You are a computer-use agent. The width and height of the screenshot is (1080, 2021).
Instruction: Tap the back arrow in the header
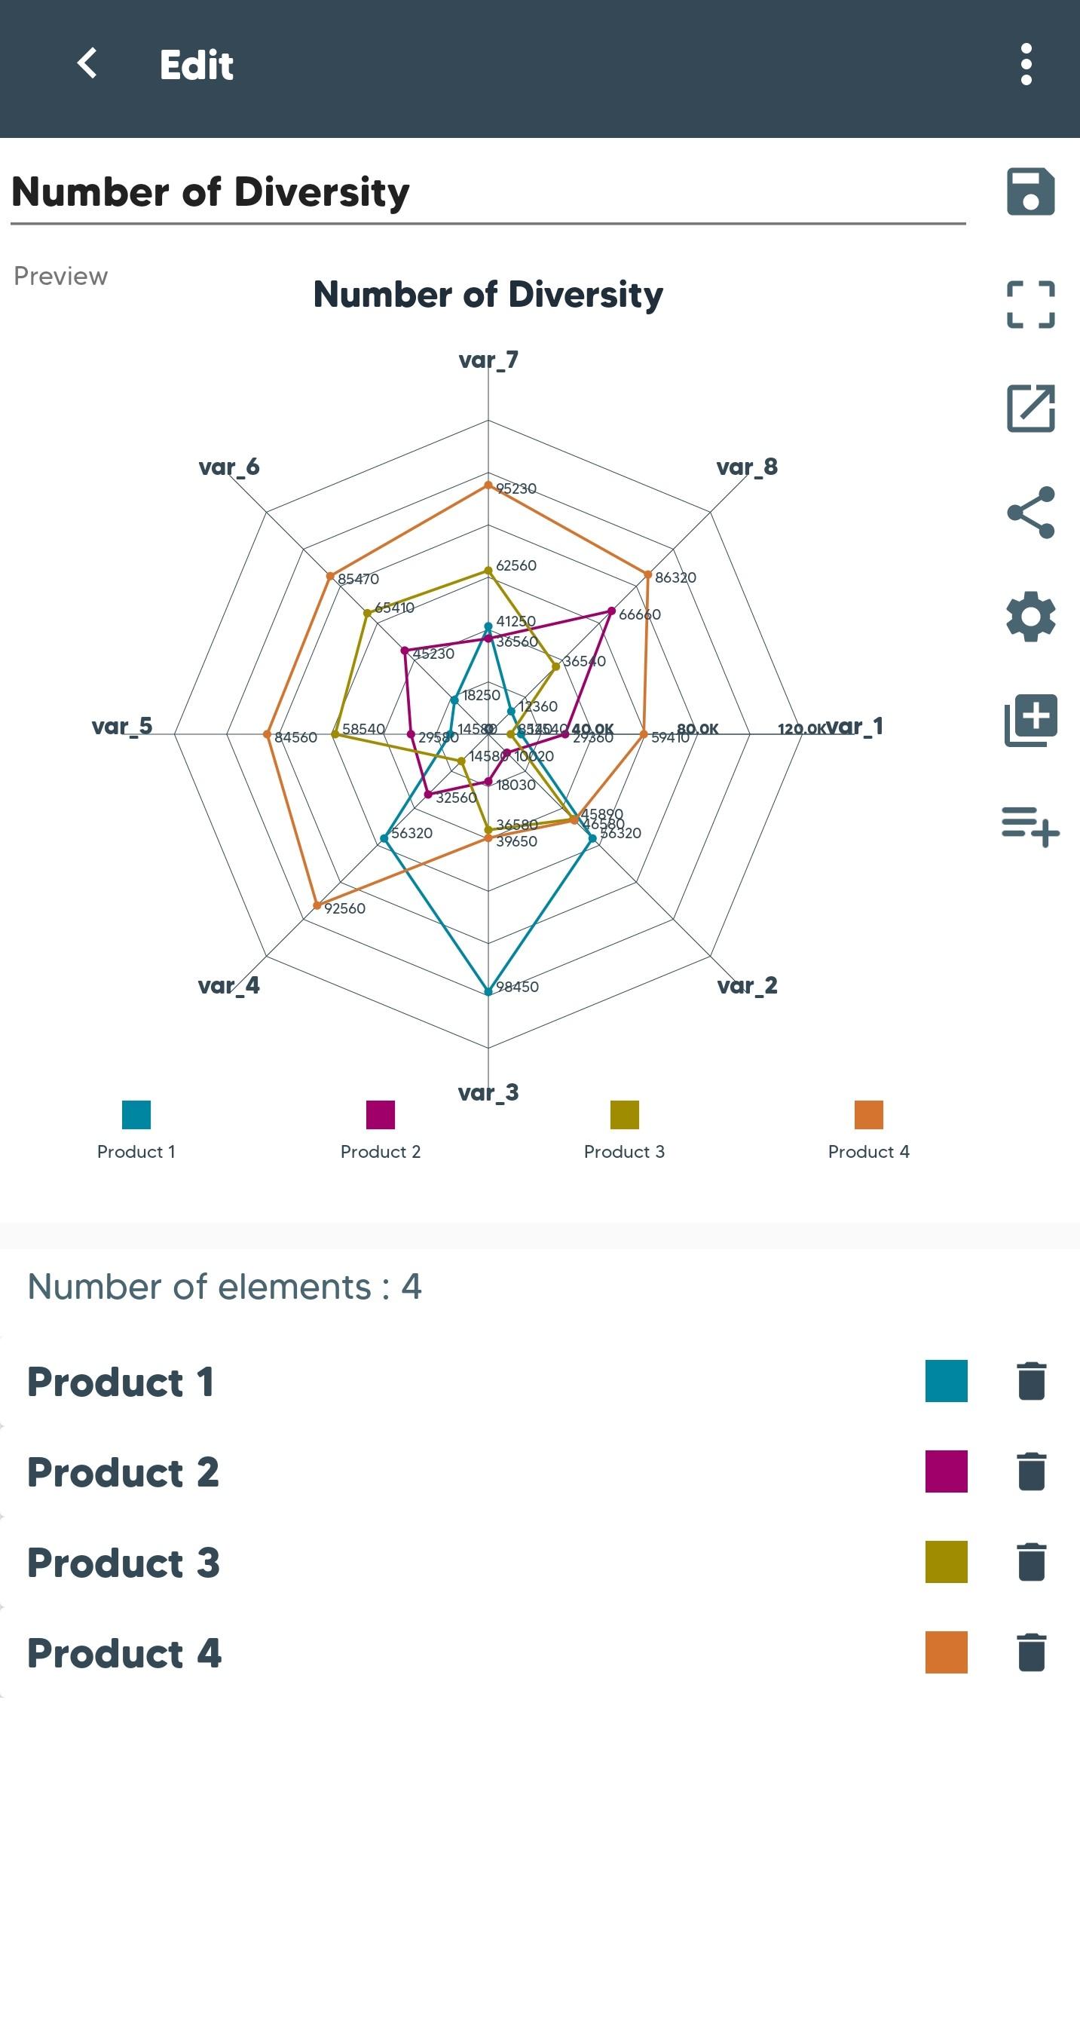click(x=87, y=63)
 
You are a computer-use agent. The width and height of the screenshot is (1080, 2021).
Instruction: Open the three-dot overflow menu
click(x=1026, y=64)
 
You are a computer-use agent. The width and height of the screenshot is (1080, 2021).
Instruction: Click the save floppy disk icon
click(x=1030, y=191)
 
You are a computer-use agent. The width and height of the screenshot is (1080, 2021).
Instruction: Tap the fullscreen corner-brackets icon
click(x=1030, y=305)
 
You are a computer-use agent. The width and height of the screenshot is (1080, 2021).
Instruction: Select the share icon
click(x=1030, y=513)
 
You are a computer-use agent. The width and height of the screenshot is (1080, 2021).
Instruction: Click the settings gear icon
click(x=1030, y=617)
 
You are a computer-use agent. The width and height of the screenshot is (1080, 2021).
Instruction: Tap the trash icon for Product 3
click(x=1031, y=1561)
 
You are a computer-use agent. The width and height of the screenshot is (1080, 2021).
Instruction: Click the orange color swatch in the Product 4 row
click(x=946, y=1652)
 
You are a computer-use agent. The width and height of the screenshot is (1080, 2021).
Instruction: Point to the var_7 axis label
click(x=488, y=360)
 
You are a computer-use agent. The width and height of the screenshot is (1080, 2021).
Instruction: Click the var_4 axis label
click(x=228, y=985)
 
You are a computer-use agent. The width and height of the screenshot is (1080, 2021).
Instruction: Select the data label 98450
click(x=518, y=987)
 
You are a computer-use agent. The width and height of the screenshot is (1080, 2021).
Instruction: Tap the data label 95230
click(x=516, y=488)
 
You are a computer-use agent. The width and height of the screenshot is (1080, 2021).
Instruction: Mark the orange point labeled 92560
click(x=317, y=905)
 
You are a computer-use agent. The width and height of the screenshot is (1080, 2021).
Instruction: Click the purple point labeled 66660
click(x=612, y=611)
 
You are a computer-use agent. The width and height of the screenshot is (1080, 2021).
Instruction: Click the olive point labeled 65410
click(x=367, y=613)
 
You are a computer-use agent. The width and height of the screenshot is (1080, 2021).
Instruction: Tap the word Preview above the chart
click(x=60, y=276)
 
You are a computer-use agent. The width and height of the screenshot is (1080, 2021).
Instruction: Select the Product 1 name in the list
click(x=120, y=1382)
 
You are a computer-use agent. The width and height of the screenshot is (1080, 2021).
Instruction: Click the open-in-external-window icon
click(x=1030, y=408)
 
